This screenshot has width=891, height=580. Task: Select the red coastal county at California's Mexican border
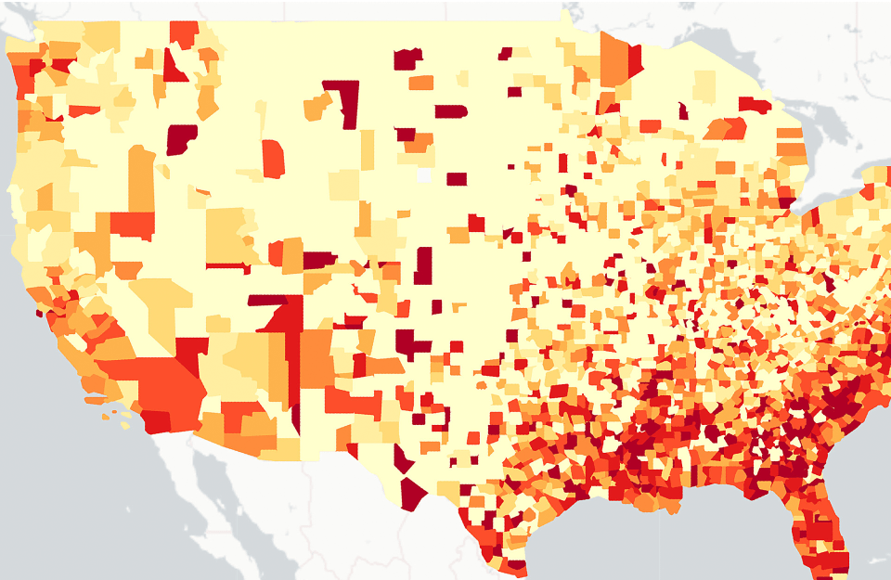click(156, 422)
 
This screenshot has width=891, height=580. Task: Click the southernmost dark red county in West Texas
click(411, 492)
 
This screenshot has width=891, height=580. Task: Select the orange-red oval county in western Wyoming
click(273, 159)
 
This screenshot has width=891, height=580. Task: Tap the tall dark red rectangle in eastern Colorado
click(423, 265)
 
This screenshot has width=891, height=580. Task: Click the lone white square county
click(424, 174)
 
